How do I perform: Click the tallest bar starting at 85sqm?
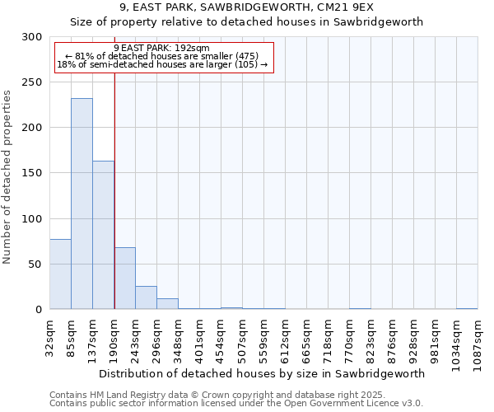click(x=82, y=204)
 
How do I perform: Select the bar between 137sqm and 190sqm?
click(x=103, y=235)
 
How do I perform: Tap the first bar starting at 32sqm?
click(x=60, y=274)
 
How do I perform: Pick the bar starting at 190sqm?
click(x=124, y=278)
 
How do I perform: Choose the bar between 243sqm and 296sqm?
click(x=146, y=297)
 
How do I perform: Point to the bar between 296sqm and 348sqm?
click(x=167, y=303)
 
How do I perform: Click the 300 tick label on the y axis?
click(x=32, y=37)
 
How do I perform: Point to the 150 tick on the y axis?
click(x=32, y=173)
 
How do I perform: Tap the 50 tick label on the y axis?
click(x=35, y=265)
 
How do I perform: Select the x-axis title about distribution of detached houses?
click(x=263, y=373)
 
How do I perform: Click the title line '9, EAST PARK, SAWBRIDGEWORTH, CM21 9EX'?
click(x=246, y=7)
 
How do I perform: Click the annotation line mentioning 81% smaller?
click(x=161, y=56)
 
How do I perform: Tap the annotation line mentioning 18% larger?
click(x=161, y=63)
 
